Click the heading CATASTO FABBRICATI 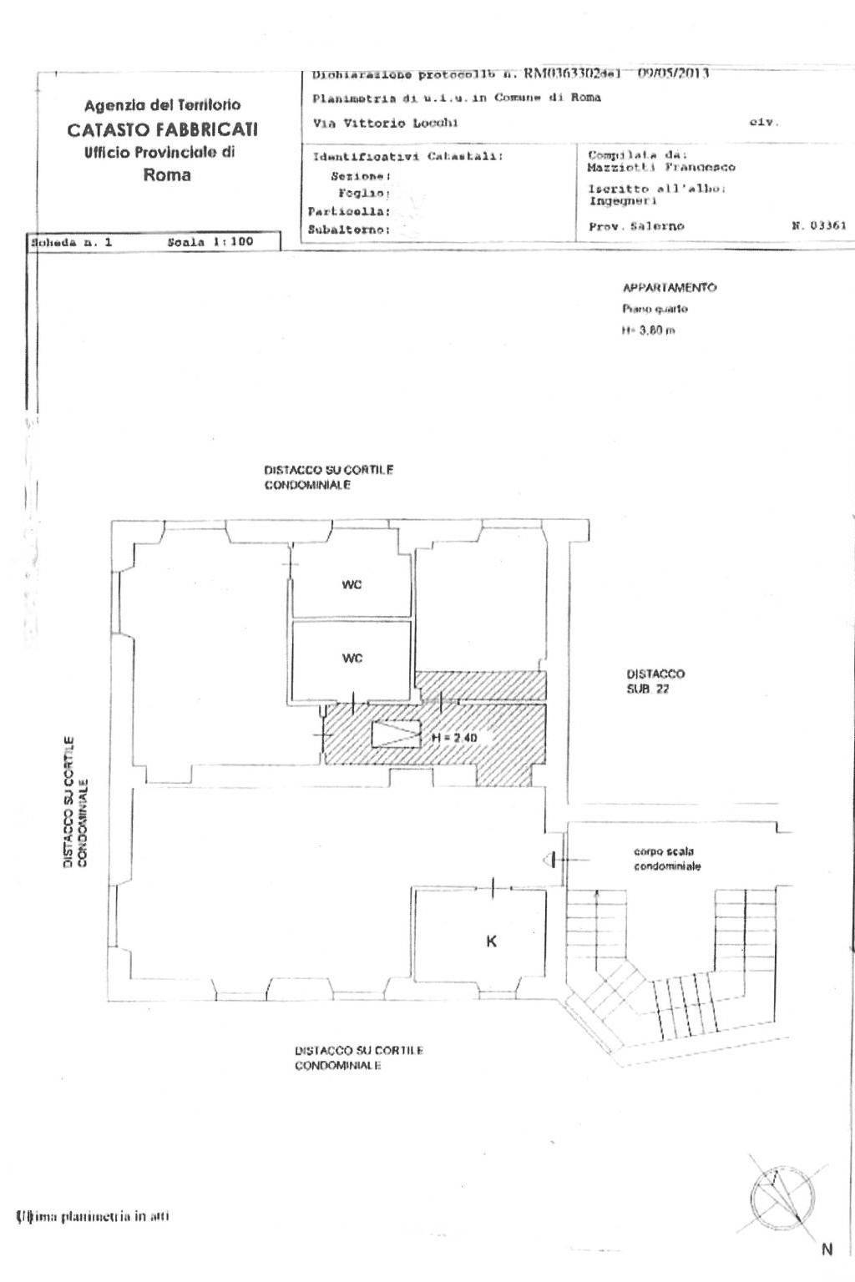point(163,129)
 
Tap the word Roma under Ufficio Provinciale point(167,175)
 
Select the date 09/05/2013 point(673,73)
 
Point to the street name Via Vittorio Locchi point(385,123)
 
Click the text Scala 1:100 point(210,242)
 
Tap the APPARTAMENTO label point(670,288)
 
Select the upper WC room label point(352,585)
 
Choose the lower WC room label point(352,659)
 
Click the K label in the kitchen point(491,941)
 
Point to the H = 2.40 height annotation point(454,739)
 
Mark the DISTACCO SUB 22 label point(655,681)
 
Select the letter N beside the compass point(827,1249)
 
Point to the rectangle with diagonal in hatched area point(396,734)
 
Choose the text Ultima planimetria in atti point(93,1216)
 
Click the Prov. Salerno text point(636,226)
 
